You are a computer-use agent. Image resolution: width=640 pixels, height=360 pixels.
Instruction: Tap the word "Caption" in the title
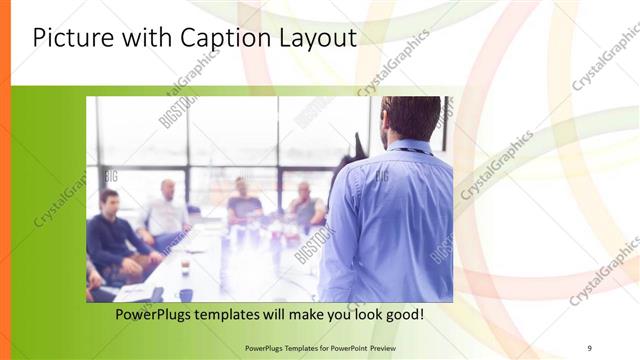tap(222, 39)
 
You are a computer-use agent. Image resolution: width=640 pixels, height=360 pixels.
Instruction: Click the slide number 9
tap(589, 347)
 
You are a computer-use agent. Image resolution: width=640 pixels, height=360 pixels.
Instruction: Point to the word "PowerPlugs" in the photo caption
tap(161, 315)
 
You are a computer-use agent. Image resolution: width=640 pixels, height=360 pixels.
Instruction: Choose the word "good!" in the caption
tap(401, 315)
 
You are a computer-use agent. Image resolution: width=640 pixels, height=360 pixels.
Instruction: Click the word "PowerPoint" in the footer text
tap(343, 347)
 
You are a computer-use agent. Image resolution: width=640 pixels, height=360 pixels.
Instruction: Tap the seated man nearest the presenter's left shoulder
tap(305, 205)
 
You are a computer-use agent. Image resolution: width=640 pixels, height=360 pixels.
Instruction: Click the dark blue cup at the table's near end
tap(186, 294)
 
